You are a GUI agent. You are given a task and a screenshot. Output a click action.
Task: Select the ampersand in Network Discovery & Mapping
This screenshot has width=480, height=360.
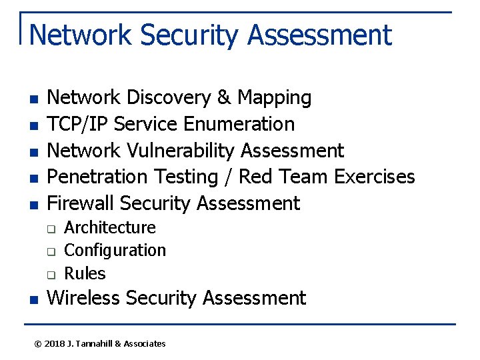pos(224,98)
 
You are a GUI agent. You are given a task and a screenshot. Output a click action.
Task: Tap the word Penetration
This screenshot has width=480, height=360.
pos(99,177)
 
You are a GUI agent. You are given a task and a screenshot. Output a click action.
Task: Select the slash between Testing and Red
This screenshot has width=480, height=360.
pos(228,177)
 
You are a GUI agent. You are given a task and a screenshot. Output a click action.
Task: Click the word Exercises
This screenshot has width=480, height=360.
pos(374,177)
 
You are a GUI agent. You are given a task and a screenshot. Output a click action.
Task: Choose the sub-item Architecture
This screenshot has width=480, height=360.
pos(110,228)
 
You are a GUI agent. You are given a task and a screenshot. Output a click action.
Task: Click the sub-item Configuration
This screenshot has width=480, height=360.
pos(115,251)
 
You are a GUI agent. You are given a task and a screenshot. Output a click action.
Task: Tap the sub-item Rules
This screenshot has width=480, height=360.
pos(85,273)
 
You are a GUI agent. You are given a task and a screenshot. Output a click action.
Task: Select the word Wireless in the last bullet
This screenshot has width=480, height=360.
pos(83,298)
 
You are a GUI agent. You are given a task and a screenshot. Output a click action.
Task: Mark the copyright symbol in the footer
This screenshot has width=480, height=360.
pos(38,344)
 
